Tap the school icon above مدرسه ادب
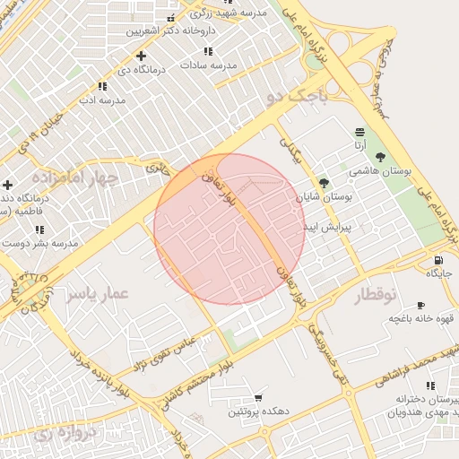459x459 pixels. click(x=102, y=87)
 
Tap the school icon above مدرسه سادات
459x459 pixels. click(x=208, y=52)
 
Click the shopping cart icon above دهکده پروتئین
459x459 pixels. click(x=259, y=397)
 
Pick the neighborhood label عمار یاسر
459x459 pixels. click(x=97, y=294)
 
